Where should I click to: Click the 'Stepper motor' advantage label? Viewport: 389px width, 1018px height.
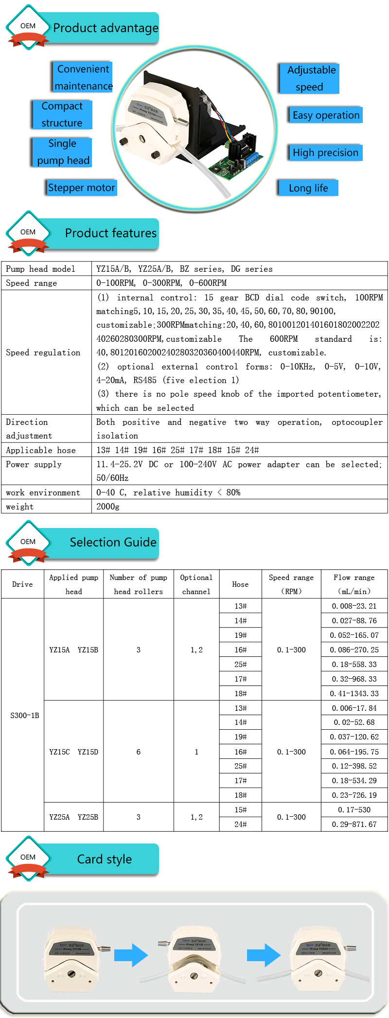(x=82, y=188)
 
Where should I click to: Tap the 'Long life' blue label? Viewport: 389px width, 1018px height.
(x=308, y=188)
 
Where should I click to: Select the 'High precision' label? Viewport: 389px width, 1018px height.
(x=325, y=153)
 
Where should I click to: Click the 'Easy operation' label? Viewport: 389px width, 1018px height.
(x=325, y=115)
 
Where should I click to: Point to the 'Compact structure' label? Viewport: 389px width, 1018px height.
(x=62, y=114)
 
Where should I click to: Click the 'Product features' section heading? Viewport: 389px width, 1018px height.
(x=110, y=233)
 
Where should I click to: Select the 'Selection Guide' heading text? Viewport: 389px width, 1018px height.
(x=113, y=542)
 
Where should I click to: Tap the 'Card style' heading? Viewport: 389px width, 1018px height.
(x=104, y=859)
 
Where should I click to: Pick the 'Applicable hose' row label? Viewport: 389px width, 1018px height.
(x=41, y=450)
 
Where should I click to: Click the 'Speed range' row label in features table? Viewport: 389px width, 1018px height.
(x=32, y=283)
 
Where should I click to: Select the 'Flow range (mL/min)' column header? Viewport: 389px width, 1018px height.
(x=354, y=584)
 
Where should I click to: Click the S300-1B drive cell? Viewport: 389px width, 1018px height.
(x=25, y=715)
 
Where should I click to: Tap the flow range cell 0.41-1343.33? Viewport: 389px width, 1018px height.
(x=354, y=693)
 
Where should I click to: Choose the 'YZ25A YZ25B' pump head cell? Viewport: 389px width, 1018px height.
(x=73, y=817)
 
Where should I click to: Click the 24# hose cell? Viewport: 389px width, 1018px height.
(x=240, y=824)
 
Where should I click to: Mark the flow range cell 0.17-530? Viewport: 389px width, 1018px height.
(x=354, y=809)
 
